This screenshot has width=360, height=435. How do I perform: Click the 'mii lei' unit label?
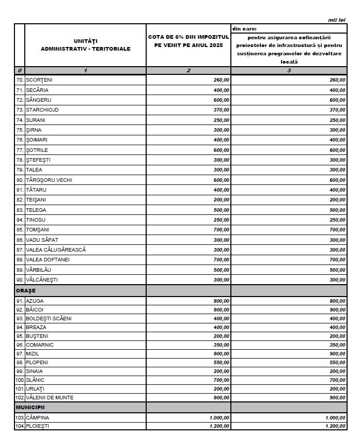pos(337,20)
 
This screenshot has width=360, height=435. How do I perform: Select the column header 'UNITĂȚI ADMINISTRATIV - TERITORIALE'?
pos(85,45)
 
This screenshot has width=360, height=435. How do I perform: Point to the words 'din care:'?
pos(244,29)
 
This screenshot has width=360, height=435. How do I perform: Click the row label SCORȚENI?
pos(39,80)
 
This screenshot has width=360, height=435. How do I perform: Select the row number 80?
pos(20,180)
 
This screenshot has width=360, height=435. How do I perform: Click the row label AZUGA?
pos(35,300)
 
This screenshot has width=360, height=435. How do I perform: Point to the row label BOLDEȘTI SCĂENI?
pos(49,319)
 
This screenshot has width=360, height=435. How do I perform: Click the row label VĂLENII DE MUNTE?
pos(50,398)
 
